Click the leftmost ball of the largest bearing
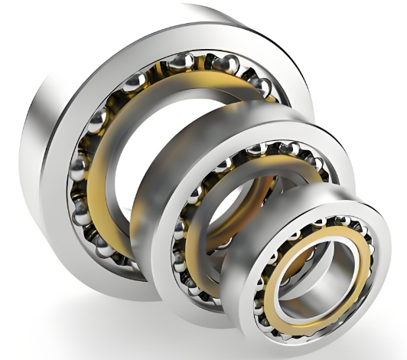pyautogui.click(x=78, y=165)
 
